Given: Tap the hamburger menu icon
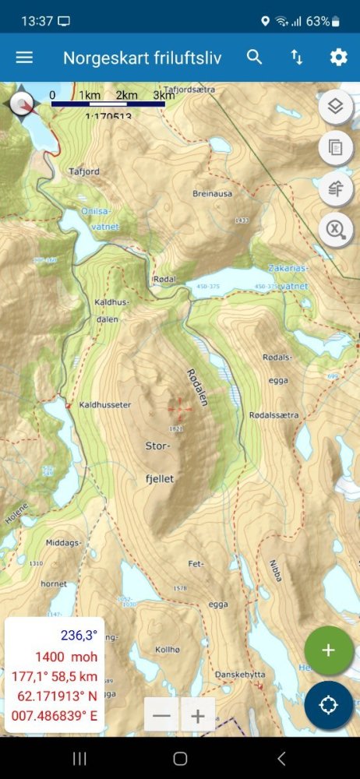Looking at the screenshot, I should click(x=25, y=58).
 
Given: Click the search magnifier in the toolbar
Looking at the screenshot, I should click(x=255, y=57).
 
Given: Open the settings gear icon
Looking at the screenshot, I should click(x=338, y=58).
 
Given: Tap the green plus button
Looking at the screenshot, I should click(x=328, y=650).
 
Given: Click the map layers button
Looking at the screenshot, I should click(x=336, y=107).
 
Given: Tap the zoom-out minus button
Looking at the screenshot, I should click(x=162, y=714).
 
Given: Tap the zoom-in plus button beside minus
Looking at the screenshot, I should click(x=198, y=714).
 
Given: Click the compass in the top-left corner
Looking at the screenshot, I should click(x=21, y=103).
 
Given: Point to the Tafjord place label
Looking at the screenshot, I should click(x=85, y=172).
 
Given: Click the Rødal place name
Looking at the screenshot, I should click(x=166, y=279).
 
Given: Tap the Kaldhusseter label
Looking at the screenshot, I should click(x=105, y=405).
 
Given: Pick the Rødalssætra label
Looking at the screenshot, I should click(x=274, y=415).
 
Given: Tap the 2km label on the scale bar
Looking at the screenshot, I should click(x=126, y=95).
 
